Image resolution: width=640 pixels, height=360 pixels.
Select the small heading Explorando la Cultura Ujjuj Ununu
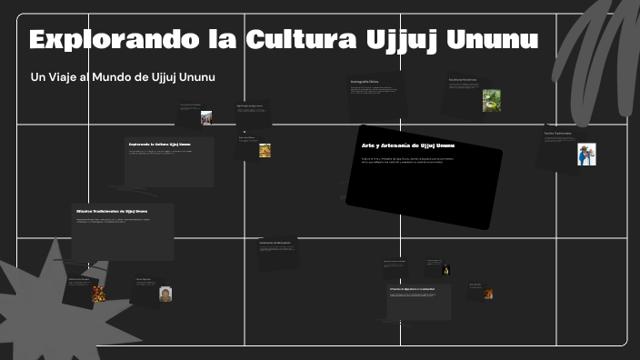160,144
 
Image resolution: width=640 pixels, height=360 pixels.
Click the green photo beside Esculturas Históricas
491,100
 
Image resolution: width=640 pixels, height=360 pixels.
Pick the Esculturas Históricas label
463,80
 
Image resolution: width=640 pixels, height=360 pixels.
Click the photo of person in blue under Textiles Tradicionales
586,154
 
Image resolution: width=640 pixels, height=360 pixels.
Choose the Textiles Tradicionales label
558,134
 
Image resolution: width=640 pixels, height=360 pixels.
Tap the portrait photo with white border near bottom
165,294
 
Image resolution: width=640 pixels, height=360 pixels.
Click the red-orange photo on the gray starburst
98,294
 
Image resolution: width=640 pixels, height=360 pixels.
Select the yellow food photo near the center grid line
265,151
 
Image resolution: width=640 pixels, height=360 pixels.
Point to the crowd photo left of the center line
206,118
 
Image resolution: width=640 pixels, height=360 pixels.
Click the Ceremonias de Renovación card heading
275,243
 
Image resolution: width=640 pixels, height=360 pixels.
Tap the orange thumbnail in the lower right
488,294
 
